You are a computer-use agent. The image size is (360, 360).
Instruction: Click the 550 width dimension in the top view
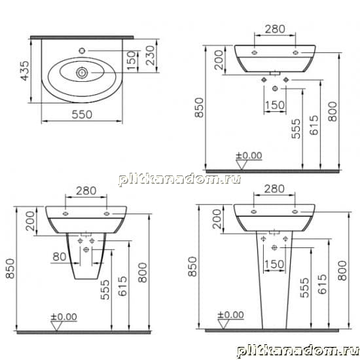82,115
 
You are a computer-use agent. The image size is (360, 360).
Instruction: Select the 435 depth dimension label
26,71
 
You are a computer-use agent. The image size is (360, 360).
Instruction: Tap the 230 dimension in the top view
151,56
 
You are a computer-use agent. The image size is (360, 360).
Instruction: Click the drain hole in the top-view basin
82,73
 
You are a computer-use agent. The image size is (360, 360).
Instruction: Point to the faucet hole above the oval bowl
82,50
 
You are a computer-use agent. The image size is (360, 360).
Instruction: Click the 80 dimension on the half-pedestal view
59,257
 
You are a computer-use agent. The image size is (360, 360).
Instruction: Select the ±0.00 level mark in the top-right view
249,155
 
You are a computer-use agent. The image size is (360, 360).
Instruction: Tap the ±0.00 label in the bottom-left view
64,317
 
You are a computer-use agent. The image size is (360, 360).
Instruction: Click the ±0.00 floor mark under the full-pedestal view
231,315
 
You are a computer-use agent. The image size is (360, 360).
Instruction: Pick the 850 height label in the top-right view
199,108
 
